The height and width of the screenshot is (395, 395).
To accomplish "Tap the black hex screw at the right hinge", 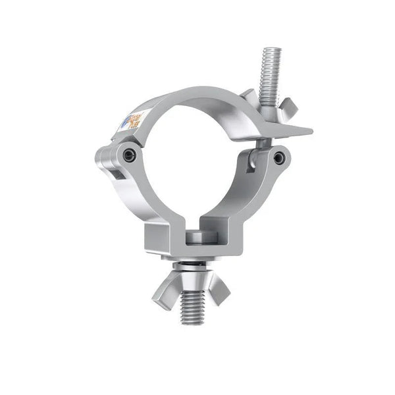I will click(280, 157).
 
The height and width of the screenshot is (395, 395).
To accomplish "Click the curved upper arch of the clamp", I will click(197, 99).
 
